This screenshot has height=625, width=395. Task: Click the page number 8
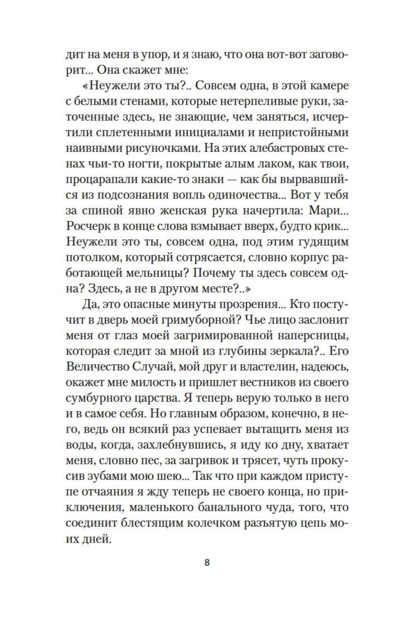pyautogui.click(x=207, y=562)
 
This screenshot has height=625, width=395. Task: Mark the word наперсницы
pyautogui.click(x=317, y=335)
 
